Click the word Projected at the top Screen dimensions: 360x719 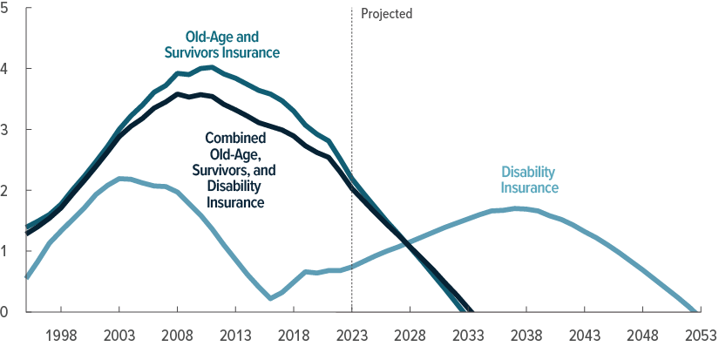tap(386, 14)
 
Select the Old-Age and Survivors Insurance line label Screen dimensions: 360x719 tap(222, 44)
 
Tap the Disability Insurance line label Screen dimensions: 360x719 tap(529, 180)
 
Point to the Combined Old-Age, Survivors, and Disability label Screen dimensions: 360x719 tap(236, 170)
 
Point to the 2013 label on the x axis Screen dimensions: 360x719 tap(235, 336)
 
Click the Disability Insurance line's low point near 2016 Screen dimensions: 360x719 tap(271, 298)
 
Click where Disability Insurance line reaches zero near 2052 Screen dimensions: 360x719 tap(694, 310)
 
